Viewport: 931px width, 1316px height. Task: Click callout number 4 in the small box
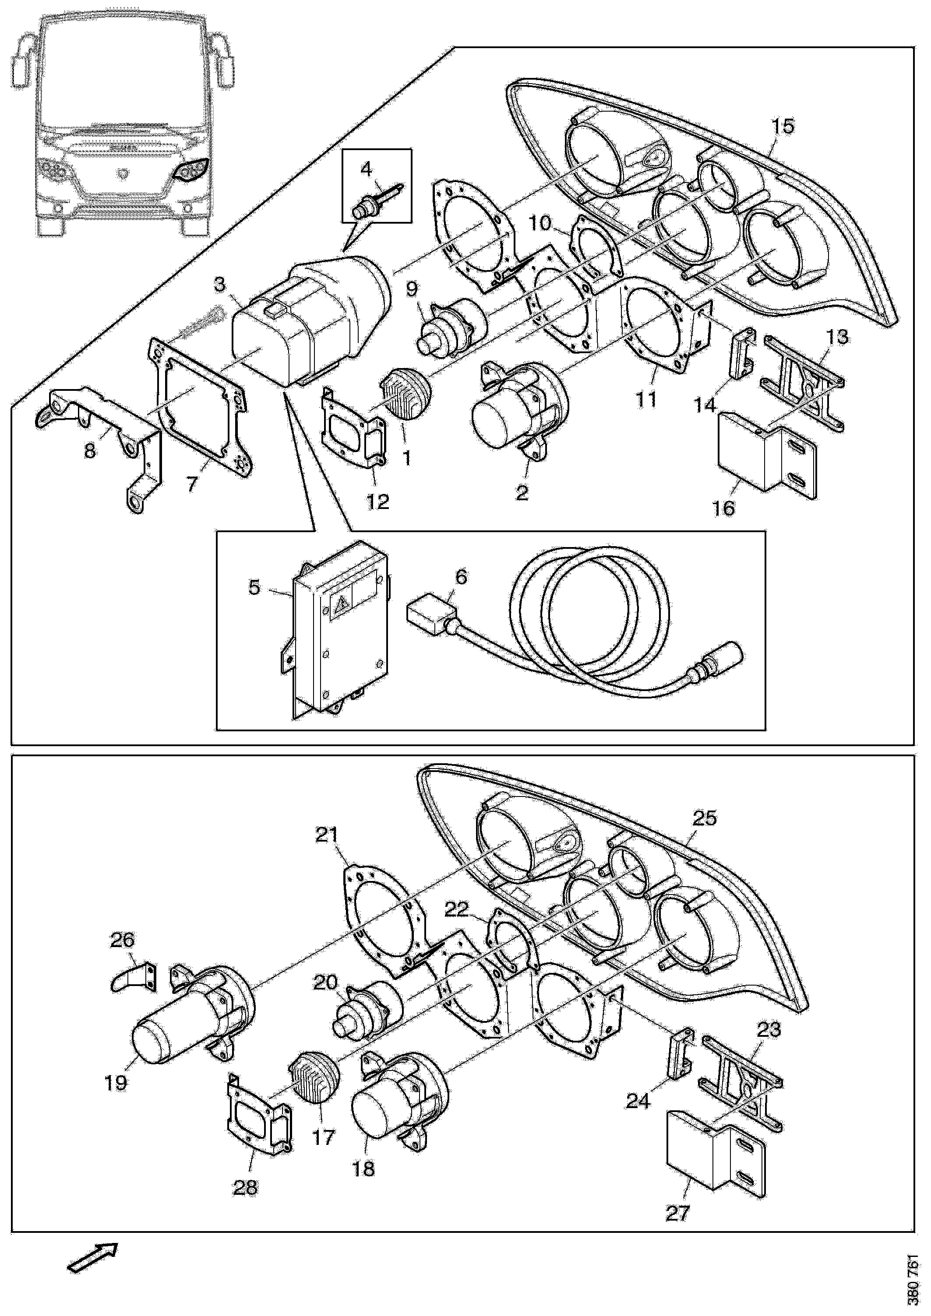366,168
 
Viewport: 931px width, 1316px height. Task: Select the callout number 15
783,126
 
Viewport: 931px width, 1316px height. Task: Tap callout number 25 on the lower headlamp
705,818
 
